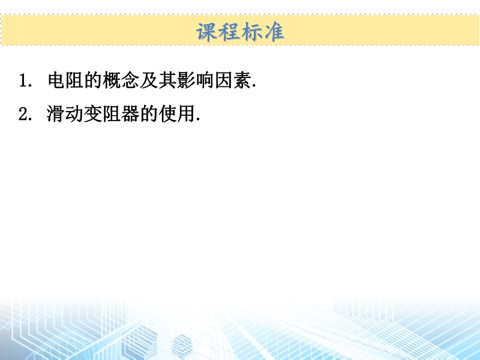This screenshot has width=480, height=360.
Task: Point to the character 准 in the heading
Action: pyautogui.click(x=274, y=32)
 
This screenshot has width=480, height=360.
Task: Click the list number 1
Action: pyautogui.click(x=23, y=80)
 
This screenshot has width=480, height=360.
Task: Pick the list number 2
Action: pyautogui.click(x=23, y=114)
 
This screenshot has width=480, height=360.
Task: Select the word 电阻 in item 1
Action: pyautogui.click(x=66, y=80)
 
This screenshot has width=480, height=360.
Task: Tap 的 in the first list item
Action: pyautogui.click(x=93, y=80)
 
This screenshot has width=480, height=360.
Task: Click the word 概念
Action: pyautogui.click(x=121, y=80)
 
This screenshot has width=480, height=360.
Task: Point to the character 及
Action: pyautogui.click(x=149, y=80)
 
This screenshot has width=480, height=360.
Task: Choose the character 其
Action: pyautogui.click(x=167, y=80)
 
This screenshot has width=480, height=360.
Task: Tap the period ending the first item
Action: pyautogui.click(x=254, y=86)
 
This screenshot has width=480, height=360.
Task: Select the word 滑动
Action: pyautogui.click(x=65, y=114)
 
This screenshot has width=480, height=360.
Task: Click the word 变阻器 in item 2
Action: pyautogui.click(x=112, y=114)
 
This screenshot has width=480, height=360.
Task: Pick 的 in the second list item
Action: pyautogui.click(x=149, y=114)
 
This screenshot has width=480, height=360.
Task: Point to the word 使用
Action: pyautogui.click(x=177, y=114)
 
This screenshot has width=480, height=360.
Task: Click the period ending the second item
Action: pyautogui.click(x=198, y=119)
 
